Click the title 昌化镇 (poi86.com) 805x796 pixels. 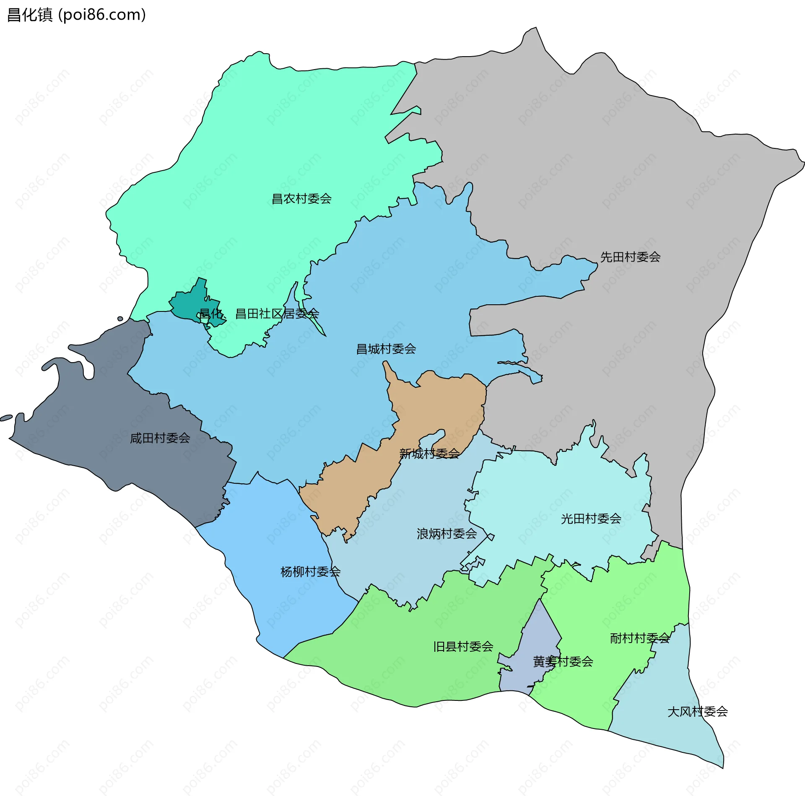[x=77, y=15]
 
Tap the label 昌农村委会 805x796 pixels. [x=301, y=199]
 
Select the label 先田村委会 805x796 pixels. [x=630, y=257]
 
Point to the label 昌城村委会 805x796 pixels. [x=386, y=349]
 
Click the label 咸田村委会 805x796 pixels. [x=160, y=438]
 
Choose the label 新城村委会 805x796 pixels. [x=429, y=454]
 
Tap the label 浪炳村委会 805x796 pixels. [x=447, y=534]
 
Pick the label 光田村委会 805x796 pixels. [x=591, y=519]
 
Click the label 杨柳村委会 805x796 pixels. [x=310, y=572]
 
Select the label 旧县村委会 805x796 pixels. [x=463, y=646]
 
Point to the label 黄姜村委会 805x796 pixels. [x=563, y=661]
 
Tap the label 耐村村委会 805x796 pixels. [x=640, y=638]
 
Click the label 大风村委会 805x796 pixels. [x=697, y=711]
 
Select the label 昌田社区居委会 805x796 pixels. [x=277, y=314]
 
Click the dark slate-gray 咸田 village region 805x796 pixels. [x=105, y=419]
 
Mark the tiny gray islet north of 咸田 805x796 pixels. [x=120, y=319]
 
